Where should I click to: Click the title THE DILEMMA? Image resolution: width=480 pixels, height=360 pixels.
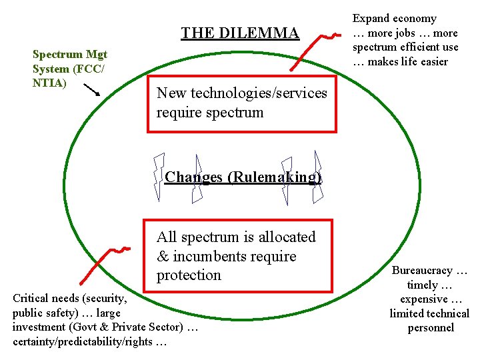click(240, 32)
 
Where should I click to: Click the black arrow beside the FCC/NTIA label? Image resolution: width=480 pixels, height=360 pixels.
click(91, 90)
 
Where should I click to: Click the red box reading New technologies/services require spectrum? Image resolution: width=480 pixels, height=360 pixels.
click(242, 103)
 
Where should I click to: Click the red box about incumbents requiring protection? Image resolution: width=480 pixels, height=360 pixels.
click(239, 256)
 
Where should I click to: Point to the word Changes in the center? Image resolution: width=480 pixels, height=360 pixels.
click(193, 177)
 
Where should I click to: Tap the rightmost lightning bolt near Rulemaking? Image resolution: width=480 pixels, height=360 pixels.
click(318, 177)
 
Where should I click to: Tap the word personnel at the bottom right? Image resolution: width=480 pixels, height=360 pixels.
click(431, 327)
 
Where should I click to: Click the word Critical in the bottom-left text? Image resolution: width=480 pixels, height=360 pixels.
click(32, 298)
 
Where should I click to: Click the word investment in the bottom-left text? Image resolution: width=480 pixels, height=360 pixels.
click(39, 327)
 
